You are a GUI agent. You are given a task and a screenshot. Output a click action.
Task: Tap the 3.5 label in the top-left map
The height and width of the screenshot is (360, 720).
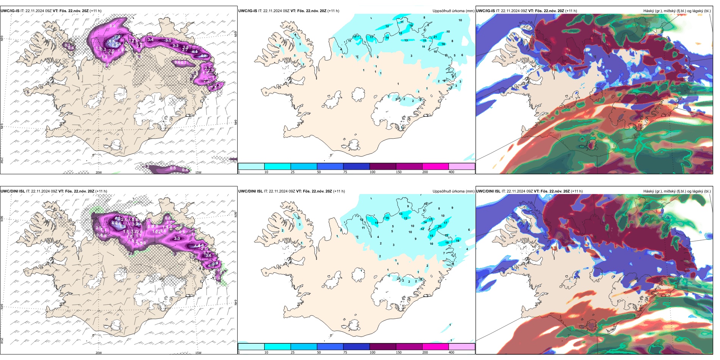click(x=168, y=40)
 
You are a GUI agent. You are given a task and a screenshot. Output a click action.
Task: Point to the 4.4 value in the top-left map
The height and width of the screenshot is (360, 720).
click(x=195, y=52)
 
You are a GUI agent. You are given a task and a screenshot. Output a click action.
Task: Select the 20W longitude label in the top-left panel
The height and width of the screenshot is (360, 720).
click(x=99, y=172)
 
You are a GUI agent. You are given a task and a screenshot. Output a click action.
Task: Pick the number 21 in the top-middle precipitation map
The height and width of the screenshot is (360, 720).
click(x=435, y=37)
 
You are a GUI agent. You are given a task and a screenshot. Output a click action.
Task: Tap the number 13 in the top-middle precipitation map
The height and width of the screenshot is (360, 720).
click(x=406, y=40)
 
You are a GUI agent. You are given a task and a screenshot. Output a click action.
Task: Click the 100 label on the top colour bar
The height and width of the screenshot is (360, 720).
click(x=373, y=172)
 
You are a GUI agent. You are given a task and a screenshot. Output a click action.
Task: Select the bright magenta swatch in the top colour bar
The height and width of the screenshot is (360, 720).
click(x=435, y=166)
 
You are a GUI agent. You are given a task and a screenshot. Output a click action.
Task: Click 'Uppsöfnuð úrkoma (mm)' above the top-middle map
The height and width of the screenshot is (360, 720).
click(x=453, y=11)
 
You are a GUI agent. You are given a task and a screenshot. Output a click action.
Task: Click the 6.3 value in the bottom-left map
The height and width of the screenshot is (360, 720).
click(x=123, y=227)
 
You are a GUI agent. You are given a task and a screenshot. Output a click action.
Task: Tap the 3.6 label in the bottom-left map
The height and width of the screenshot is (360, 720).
click(x=208, y=256)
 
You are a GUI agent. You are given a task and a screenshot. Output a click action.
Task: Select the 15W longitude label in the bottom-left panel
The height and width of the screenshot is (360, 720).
click(x=198, y=353)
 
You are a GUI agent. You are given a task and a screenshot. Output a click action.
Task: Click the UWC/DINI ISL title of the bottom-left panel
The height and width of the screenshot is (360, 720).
click(x=13, y=191)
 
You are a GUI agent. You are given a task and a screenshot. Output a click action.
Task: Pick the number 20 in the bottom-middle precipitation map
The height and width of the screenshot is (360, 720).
click(x=440, y=227)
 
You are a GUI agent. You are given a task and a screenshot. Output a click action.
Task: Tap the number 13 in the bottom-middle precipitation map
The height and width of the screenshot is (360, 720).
click(x=401, y=214)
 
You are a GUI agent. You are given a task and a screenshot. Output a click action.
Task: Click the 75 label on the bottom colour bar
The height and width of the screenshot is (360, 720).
click(x=345, y=352)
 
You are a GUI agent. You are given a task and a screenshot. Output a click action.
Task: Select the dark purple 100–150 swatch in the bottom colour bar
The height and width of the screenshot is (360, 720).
click(x=383, y=347)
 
